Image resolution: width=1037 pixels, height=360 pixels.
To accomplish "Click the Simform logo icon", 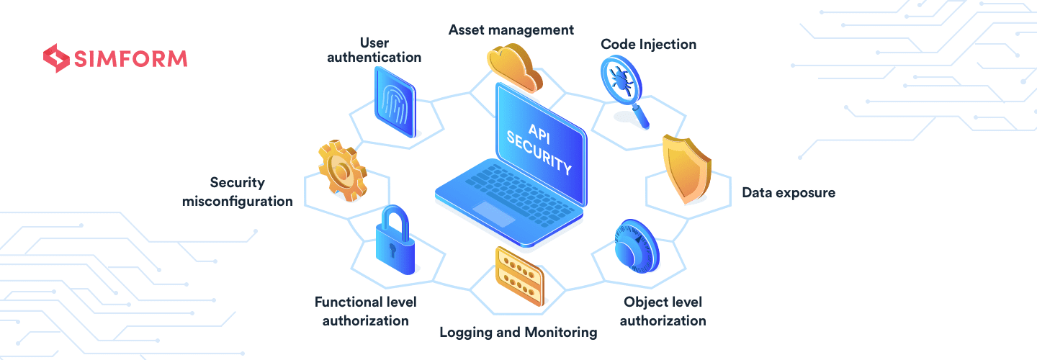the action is (56, 58).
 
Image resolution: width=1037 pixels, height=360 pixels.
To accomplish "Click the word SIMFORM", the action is (130, 59).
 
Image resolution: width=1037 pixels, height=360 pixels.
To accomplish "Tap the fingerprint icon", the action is (395, 102).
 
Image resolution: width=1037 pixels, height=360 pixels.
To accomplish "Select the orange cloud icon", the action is (514, 68).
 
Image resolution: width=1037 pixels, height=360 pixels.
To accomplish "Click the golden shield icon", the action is (686, 169).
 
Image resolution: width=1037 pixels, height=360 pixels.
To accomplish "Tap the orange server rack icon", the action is (519, 276).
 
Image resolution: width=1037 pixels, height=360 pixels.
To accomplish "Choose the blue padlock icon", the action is (395, 240).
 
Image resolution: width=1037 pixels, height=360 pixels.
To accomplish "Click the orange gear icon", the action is (343, 171).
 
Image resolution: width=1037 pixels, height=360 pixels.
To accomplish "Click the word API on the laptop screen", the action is (539, 134).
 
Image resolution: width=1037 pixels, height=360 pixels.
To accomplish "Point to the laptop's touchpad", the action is (493, 214).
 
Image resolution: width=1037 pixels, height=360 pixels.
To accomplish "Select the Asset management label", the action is (511, 30).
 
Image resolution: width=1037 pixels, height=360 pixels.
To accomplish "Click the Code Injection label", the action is (648, 45).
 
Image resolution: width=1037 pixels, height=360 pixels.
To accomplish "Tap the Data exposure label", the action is (789, 193).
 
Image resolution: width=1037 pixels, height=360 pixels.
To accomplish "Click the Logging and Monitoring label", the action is (518, 332).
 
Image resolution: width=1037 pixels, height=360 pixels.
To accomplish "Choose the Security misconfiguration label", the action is (238, 192).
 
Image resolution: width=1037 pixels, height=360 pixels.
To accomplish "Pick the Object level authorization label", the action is (663, 312).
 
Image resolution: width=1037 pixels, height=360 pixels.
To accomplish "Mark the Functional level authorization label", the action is (366, 312).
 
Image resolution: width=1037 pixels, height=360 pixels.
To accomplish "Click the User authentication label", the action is (374, 50).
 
